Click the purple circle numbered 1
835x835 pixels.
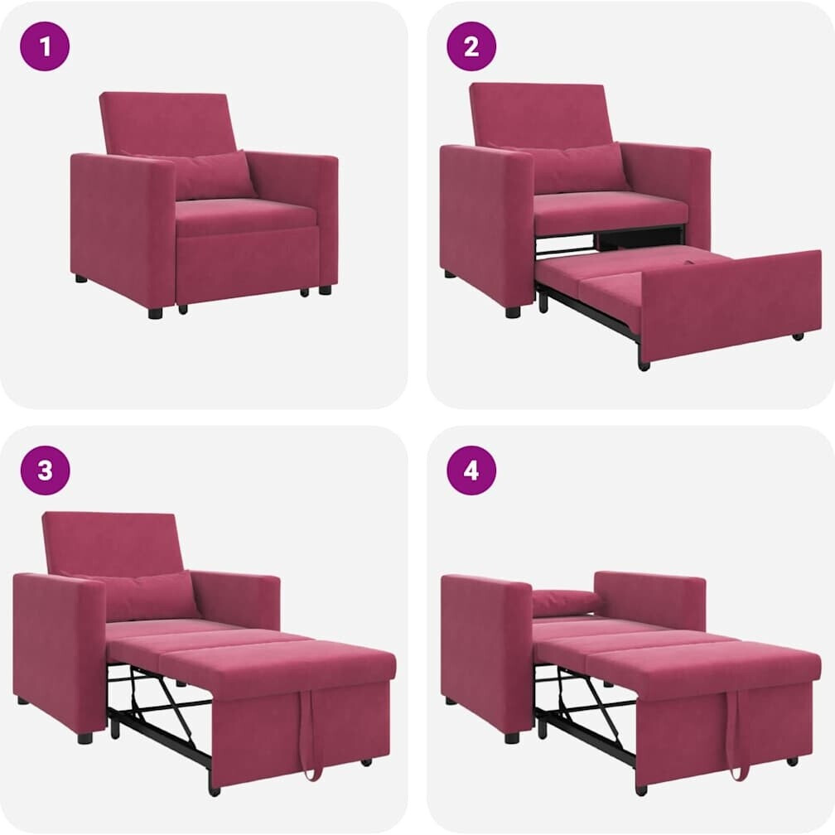pyautogui.click(x=45, y=46)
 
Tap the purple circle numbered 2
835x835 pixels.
pyautogui.click(x=471, y=46)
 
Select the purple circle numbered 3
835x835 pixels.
pyautogui.click(x=45, y=471)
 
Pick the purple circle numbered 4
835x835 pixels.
pyautogui.click(x=471, y=471)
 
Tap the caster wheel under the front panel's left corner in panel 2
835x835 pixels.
pyautogui.click(x=644, y=365)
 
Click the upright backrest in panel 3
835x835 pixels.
pyautogui.click(x=113, y=544)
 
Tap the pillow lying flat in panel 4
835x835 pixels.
pyautogui.click(x=567, y=601)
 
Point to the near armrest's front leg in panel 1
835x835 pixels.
pyautogui.click(x=156, y=312)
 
